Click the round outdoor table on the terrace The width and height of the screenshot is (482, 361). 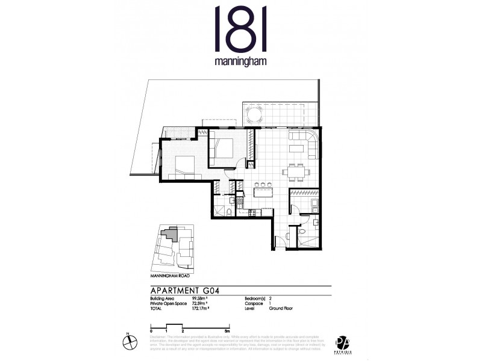pos(254,114)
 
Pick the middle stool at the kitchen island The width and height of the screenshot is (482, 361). pos(263,184)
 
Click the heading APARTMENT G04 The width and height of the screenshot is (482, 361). pos(189,289)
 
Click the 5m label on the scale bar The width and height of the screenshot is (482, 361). pos(225,331)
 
